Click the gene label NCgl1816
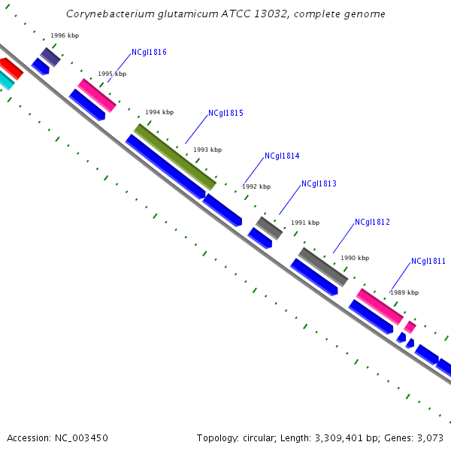pyautogui.click(x=149, y=53)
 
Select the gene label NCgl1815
pyautogui.click(x=225, y=114)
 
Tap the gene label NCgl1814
pyautogui.click(x=282, y=156)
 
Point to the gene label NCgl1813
pyautogui.click(x=319, y=184)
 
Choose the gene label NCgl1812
pyautogui.click(x=372, y=222)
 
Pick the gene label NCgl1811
pyautogui.click(x=428, y=262)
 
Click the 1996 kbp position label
pyautogui.click(x=65, y=36)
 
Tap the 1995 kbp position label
pyautogui.click(x=112, y=74)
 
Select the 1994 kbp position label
pyautogui.click(x=159, y=112)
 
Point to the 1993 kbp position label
pyautogui.click(x=207, y=150)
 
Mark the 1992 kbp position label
pyautogui.click(x=256, y=186)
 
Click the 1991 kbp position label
pyautogui.click(x=305, y=223)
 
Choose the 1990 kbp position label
pyautogui.click(x=355, y=258)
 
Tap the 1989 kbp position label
pyautogui.click(x=404, y=292)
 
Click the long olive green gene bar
pyautogui.click(x=175, y=156)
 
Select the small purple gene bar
pyautogui.click(x=50, y=56)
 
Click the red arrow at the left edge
pyautogui.click(x=11, y=68)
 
